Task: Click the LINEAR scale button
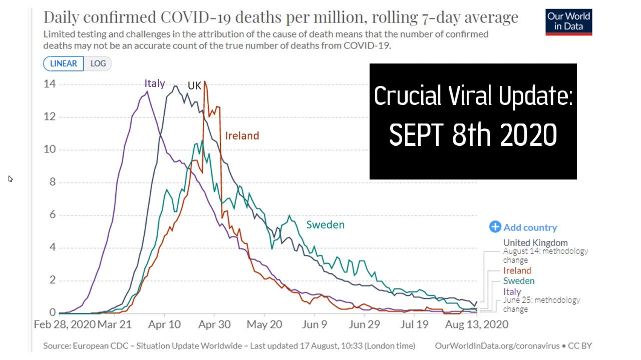click(64, 63)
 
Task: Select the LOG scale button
click(98, 63)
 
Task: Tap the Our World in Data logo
click(568, 22)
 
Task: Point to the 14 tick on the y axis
click(49, 84)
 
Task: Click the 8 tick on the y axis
click(52, 182)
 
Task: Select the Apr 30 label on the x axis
click(214, 324)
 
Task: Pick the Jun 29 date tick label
click(364, 324)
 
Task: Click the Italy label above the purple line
click(155, 83)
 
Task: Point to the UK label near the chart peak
click(194, 85)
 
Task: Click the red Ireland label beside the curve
click(242, 135)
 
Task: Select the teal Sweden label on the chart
click(326, 225)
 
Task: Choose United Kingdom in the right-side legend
click(535, 243)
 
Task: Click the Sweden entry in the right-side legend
click(519, 281)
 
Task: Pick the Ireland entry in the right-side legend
click(517, 270)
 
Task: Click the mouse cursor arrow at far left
click(11, 178)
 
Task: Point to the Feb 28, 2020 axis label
click(65, 324)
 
